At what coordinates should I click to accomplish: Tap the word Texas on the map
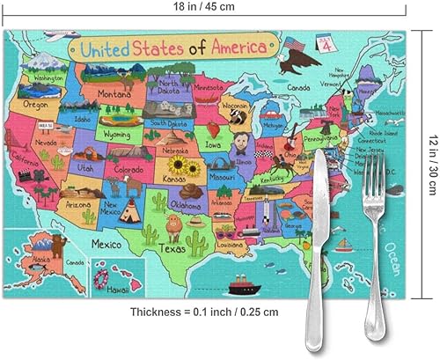tap(173, 249)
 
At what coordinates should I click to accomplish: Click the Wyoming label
tap(115, 135)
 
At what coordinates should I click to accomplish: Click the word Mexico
tap(107, 243)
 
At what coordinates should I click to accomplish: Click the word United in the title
tap(106, 48)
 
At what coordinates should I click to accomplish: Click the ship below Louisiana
tap(239, 287)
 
